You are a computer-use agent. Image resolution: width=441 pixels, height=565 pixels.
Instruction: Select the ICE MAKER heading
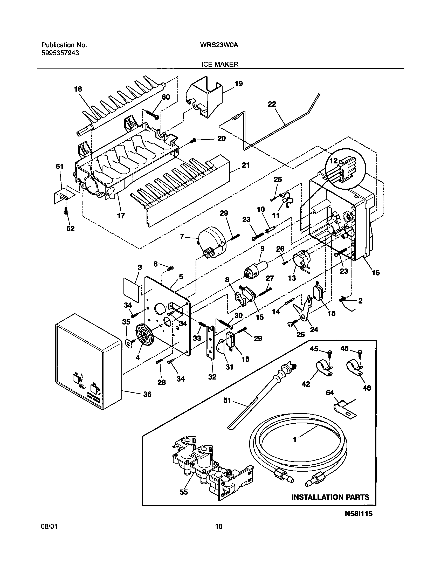pos(220,64)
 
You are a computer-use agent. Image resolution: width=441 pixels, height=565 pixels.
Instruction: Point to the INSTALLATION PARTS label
pos(330,497)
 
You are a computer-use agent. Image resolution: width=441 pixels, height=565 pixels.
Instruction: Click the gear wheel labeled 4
pos(143,335)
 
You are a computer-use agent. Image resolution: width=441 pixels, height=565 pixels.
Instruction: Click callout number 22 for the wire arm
pos(272,104)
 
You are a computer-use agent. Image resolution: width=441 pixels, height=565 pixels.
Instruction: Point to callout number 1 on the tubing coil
pos(294,439)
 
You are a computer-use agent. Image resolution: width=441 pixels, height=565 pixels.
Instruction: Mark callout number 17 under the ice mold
pos(121,215)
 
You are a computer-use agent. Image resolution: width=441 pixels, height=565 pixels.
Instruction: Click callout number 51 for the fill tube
pos(227,401)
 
